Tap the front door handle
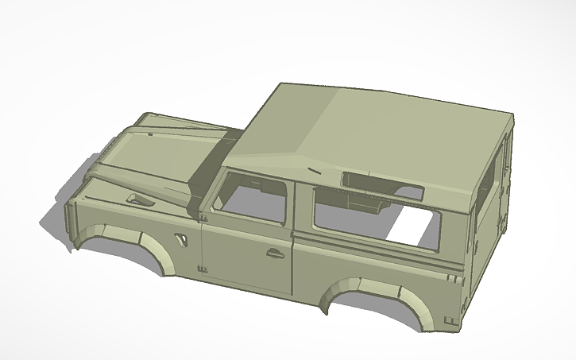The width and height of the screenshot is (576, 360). click(276, 254)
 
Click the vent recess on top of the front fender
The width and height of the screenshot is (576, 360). click(140, 199)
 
